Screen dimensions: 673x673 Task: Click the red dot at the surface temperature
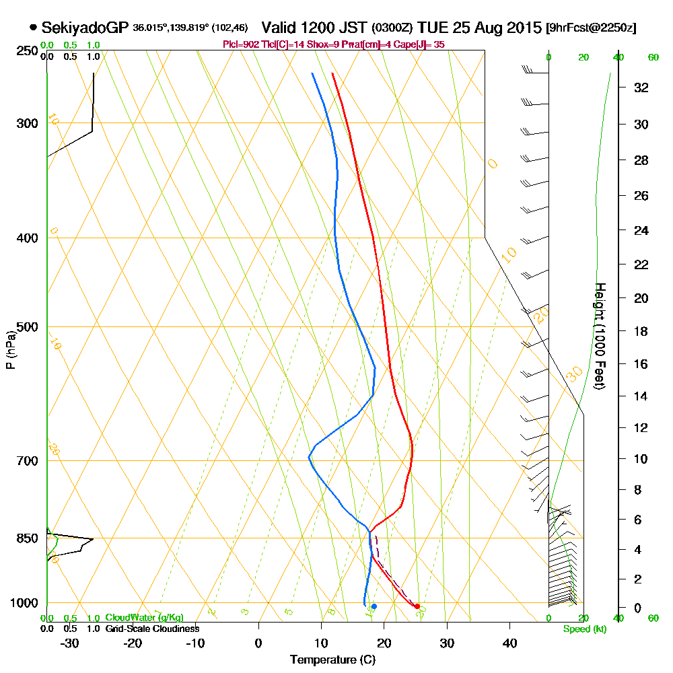coord(417,606)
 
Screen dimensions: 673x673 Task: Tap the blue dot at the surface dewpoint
coord(374,606)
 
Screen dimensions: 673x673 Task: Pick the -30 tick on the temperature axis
coord(70,643)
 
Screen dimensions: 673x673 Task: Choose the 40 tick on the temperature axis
coord(509,643)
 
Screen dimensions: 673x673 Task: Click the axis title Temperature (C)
coord(332,660)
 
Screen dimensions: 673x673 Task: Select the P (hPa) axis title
coord(10,350)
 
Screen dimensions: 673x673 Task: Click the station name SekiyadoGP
coord(84,28)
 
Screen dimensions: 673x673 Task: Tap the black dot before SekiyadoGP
coord(33,28)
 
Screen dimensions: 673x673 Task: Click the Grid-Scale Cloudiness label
coord(152,629)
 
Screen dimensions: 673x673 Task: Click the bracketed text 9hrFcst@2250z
coord(592,28)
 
